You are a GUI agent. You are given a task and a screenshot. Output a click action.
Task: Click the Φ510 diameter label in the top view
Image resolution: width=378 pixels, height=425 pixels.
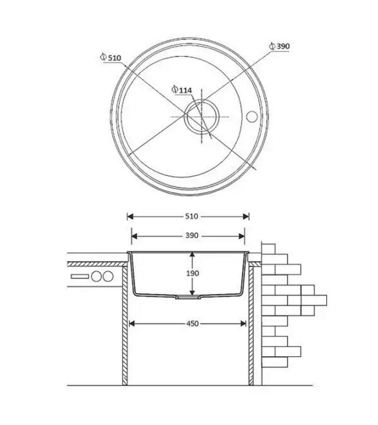pos(111,58)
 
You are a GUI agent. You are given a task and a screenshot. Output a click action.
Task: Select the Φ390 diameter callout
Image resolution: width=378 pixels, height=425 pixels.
pos(279,46)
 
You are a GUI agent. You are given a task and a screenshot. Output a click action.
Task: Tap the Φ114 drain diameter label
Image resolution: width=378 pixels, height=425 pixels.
pos(182,90)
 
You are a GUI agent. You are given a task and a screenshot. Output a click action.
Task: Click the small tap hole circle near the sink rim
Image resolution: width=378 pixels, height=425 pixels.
pos(251,116)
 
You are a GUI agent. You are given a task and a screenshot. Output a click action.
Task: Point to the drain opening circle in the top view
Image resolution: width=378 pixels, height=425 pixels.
pos(201,117)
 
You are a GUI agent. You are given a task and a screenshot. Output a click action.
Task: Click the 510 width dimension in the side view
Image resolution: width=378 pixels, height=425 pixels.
pos(192,216)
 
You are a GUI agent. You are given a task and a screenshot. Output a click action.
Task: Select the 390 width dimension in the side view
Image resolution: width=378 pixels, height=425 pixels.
pos(192,236)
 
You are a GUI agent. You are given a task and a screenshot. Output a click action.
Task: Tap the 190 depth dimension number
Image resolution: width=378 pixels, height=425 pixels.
pos(192,273)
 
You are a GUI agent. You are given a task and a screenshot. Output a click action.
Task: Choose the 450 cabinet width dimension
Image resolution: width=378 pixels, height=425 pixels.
pos(192,323)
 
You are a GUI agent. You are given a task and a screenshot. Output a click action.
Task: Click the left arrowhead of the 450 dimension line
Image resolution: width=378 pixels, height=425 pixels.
pos(132,323)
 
